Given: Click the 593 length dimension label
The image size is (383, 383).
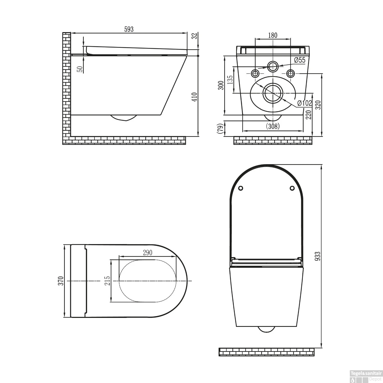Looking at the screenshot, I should coord(129,29).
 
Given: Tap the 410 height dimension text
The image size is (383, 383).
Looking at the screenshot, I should coord(195,97).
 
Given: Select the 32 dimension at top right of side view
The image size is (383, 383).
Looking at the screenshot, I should coord(195,36).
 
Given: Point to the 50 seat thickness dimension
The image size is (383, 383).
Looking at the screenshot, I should coord(80,69).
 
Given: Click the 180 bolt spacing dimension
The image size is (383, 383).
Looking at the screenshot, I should coord(273,35).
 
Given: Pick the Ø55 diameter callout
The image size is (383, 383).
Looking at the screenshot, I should coord(300,60).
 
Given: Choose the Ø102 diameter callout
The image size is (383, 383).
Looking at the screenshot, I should coord(305,103).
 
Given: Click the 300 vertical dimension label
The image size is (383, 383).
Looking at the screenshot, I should coord(221,85).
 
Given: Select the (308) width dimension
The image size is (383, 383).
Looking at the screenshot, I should coord(273,126).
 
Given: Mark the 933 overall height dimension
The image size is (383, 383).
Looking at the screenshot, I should coord(317,256).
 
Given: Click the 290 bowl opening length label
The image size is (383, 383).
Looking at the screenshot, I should coord(147,253).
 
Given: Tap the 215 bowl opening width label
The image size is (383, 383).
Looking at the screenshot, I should coord(107,281).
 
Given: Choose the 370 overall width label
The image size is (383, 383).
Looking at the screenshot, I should coord(61,281).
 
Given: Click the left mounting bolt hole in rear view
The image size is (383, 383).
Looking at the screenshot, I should coord(255,74).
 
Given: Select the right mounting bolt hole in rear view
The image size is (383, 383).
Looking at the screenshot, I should coord(290,74).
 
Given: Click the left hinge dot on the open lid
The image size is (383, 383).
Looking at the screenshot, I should coord(240,188).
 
